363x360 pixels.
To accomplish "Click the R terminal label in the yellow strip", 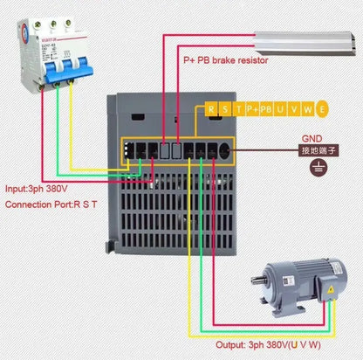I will pyautogui.click(x=211, y=109).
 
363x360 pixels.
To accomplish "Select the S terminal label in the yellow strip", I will pyautogui.click(x=227, y=109).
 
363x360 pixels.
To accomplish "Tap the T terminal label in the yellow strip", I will pyautogui.click(x=241, y=109).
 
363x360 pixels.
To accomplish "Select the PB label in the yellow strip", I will pyautogui.click(x=270, y=109).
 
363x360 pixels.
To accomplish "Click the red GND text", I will pyautogui.click(x=312, y=138).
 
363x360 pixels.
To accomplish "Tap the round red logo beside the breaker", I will pyautogui.click(x=11, y=35).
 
